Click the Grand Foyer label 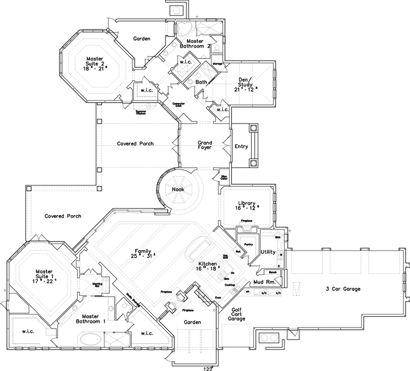click(x=205, y=145)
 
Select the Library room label click(x=247, y=203)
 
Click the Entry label click(x=241, y=146)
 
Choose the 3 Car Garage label click(x=342, y=289)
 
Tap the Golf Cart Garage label click(x=236, y=314)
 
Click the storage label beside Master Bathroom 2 click(x=217, y=63)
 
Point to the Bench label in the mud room click(x=272, y=272)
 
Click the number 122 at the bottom click(x=209, y=368)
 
